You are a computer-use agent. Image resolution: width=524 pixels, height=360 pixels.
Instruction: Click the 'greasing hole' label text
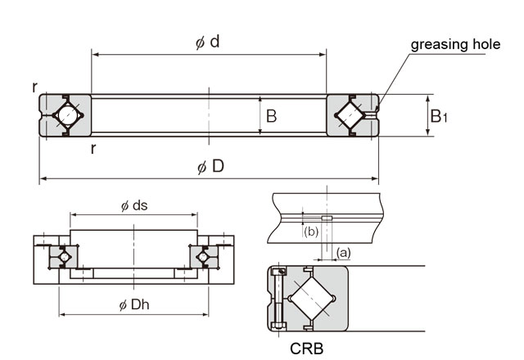pos(454,44)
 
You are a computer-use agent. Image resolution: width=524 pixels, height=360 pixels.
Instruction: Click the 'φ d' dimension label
pos(208,42)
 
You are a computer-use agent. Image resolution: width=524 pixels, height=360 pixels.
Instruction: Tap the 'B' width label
pos(271,116)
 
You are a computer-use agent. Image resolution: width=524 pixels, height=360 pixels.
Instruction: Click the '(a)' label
pos(344,252)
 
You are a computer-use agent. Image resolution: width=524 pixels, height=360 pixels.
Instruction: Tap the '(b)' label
pos(311,232)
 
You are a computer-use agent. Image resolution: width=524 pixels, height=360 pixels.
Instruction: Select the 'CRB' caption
pos(308,347)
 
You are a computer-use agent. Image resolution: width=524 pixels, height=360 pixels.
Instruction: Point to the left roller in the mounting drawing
pos(64,258)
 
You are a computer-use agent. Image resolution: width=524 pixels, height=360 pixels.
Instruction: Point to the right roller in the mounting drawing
pos(202,258)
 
